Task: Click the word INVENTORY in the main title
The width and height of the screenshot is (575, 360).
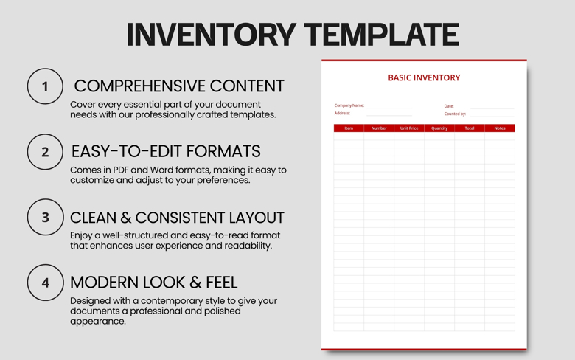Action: [x=209, y=35]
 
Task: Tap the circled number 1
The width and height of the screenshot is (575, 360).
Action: [x=45, y=86]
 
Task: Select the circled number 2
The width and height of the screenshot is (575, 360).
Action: [x=45, y=152]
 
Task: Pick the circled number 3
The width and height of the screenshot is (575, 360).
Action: [x=45, y=217]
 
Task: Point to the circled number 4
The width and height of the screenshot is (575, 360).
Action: [x=45, y=282]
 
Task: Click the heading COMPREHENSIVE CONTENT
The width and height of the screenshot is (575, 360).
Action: [x=178, y=86]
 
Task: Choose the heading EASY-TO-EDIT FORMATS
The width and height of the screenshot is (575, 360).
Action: [x=166, y=151]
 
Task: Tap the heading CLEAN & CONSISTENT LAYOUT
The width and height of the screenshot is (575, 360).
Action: [x=177, y=218]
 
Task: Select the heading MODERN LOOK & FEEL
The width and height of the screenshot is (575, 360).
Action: [x=153, y=282]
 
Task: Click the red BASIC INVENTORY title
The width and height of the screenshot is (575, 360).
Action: [x=424, y=77]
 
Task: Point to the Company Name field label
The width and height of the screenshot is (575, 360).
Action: [x=349, y=105]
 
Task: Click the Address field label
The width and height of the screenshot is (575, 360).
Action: [x=342, y=114]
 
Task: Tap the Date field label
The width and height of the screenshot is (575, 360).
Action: [x=449, y=106]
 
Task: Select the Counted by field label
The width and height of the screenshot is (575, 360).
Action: [x=455, y=114]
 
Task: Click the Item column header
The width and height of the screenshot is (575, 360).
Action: [x=349, y=128]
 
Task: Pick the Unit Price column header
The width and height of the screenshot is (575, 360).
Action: [x=409, y=128]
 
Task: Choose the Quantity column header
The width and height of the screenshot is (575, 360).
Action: [x=439, y=128]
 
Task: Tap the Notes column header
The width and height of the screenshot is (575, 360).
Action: [x=500, y=128]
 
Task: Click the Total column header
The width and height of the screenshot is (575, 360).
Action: [x=470, y=128]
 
